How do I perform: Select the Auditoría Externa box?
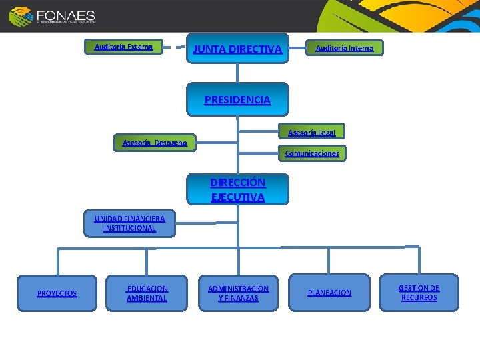click(x=124, y=47)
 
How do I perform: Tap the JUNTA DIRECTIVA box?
click(x=237, y=49)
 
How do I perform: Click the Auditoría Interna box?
click(x=344, y=48)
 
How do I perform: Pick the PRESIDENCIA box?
click(x=237, y=100)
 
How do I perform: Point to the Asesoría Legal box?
click(x=311, y=131)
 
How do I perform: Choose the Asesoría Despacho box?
click(x=155, y=143)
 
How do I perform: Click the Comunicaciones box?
click(x=312, y=154)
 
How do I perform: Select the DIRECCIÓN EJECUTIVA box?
click(x=237, y=189)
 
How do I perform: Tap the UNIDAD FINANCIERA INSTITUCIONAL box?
click(x=129, y=223)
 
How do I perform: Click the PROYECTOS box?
click(x=57, y=293)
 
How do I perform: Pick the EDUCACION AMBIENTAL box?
click(x=147, y=293)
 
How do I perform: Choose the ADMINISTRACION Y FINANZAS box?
click(x=238, y=293)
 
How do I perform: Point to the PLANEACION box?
click(x=329, y=293)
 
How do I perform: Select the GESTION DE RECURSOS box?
click(x=419, y=293)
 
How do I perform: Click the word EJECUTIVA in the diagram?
click(x=237, y=197)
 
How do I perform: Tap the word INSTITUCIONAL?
click(x=129, y=228)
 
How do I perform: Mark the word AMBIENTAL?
click(x=147, y=298)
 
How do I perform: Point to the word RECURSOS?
click(x=419, y=297)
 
